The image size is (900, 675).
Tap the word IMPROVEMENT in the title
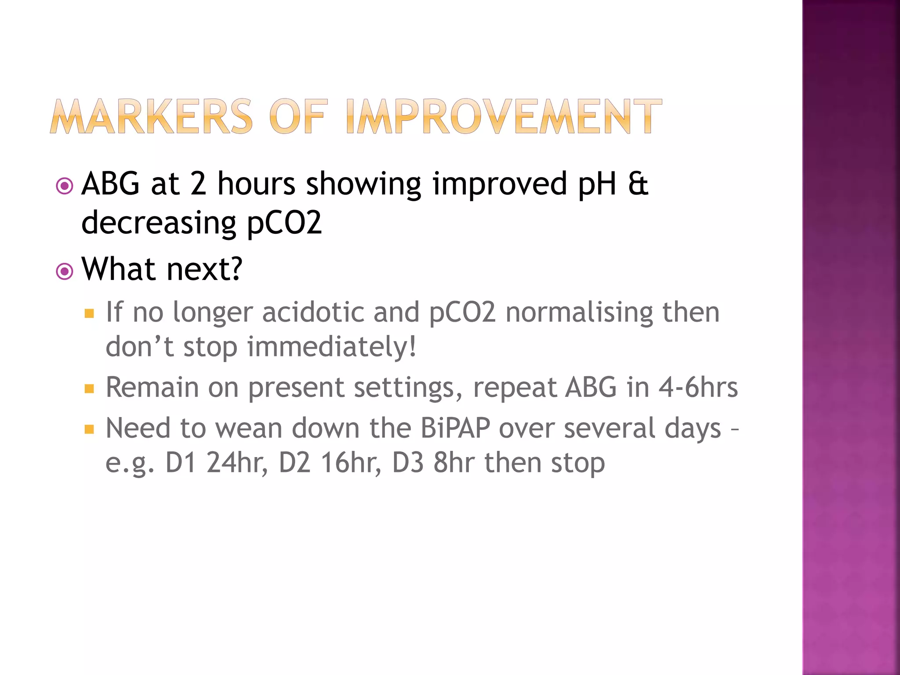[504, 116]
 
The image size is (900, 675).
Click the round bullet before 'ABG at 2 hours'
[65, 186]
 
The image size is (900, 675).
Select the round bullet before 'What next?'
[65, 271]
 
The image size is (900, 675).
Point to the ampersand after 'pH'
[638, 184]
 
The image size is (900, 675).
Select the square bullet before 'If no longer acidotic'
[90, 313]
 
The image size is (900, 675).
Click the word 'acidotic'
[313, 312]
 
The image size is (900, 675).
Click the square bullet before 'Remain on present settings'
[90, 388]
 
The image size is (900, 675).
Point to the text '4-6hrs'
[698, 388]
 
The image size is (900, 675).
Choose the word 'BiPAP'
[455, 428]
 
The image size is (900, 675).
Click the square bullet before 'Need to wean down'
[90, 429]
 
